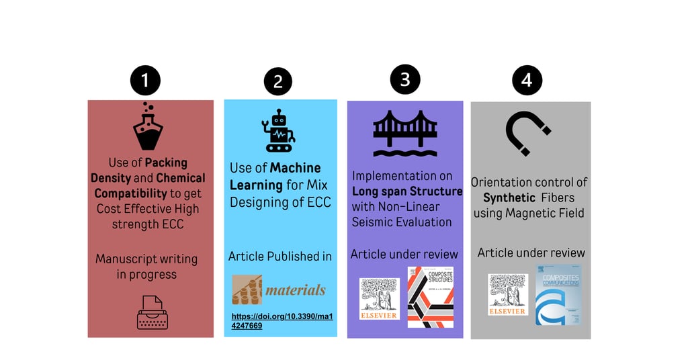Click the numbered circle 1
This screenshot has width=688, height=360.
tap(145, 82)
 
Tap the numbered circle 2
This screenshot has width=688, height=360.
tap(277, 82)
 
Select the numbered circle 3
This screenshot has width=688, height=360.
tap(405, 79)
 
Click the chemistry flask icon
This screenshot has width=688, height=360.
tap(148, 127)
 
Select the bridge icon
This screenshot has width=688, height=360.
tap(405, 132)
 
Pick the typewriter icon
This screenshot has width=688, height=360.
tap(152, 312)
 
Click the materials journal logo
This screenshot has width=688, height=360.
tap(279, 290)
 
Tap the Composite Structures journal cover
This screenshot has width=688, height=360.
tap(430, 297)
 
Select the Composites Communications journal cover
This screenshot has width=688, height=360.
tap(558, 295)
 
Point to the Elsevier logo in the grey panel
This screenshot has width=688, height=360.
tap(508, 294)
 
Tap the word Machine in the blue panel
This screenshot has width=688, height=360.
tap(296, 168)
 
